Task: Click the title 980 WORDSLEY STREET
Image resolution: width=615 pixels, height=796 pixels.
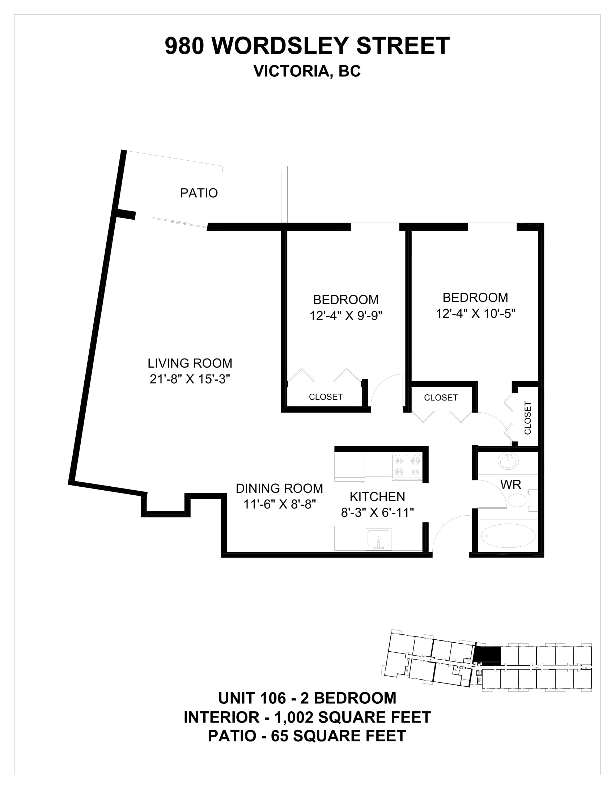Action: click(x=307, y=46)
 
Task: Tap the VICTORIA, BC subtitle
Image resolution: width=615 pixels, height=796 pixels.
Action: click(x=307, y=71)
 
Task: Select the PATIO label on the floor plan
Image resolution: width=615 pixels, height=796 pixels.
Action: click(x=199, y=193)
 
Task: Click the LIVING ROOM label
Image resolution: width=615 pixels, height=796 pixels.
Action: click(x=190, y=363)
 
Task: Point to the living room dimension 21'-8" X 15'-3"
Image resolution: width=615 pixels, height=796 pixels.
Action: click(x=190, y=380)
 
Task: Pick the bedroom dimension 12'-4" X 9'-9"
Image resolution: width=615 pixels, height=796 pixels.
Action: click(x=346, y=315)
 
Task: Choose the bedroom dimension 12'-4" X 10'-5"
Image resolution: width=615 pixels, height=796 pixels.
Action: click(x=475, y=313)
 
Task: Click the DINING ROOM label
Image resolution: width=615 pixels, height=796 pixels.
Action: click(x=279, y=488)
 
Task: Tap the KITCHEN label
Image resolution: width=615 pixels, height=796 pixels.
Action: click(x=377, y=496)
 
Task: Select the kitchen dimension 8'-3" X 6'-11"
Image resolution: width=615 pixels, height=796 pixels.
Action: click(x=377, y=513)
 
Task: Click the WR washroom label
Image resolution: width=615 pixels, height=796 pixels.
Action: click(x=511, y=484)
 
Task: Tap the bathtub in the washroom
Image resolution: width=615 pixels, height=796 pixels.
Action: click(x=508, y=536)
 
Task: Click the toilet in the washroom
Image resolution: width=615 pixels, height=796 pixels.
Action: click(x=519, y=500)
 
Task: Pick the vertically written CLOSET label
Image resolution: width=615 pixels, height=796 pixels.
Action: click(x=527, y=418)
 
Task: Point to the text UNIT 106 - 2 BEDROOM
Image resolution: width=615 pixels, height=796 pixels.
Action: click(x=307, y=698)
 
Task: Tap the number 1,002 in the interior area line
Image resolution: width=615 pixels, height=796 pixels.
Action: click(x=293, y=717)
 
